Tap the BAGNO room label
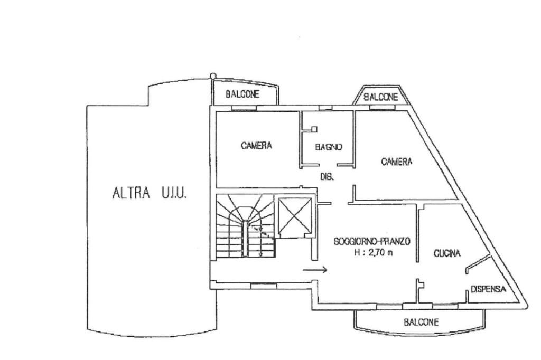tap(329, 147)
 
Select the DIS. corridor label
tap(327, 177)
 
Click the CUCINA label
tap(447, 253)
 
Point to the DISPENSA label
tap(488, 289)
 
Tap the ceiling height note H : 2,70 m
tap(374, 252)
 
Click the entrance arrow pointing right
tap(315, 270)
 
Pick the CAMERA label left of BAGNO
tap(256, 145)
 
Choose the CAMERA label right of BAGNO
tap(397, 162)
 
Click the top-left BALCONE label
tap(242, 95)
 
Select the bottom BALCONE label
tap(421, 322)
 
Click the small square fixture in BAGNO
tap(313, 128)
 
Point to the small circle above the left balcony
tap(213, 76)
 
